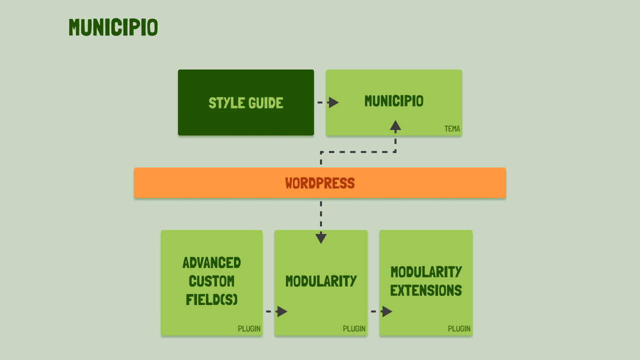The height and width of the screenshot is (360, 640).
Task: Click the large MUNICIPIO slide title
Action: [x=113, y=27]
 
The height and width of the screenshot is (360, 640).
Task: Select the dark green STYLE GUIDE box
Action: [x=245, y=102]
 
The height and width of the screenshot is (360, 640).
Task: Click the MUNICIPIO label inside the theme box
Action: [x=393, y=101]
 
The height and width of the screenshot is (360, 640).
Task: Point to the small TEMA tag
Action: [x=452, y=129]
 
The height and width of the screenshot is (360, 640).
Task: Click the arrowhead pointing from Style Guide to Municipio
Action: [x=333, y=102]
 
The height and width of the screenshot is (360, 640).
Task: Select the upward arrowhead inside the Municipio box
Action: [x=395, y=125]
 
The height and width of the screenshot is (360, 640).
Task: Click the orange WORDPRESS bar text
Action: [x=320, y=183]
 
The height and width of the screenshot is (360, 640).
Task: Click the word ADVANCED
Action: [x=211, y=263]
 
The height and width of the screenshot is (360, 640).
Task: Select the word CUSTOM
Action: [x=211, y=281]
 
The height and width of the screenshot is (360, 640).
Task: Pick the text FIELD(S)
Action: [x=211, y=299]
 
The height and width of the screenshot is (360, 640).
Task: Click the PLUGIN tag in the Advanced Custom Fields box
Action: [x=249, y=329]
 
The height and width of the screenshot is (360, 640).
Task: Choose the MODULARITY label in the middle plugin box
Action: [x=321, y=281]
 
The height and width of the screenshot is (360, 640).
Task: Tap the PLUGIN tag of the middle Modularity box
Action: [x=354, y=329]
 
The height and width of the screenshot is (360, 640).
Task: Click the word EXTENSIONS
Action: [x=426, y=290]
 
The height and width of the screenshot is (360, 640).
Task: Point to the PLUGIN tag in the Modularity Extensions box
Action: [x=459, y=329]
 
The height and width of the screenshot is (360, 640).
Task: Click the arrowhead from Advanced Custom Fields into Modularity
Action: [x=282, y=311]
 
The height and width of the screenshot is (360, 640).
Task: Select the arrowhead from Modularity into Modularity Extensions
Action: [x=387, y=311]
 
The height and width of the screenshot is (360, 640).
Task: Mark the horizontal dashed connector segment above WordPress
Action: [x=358, y=152]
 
